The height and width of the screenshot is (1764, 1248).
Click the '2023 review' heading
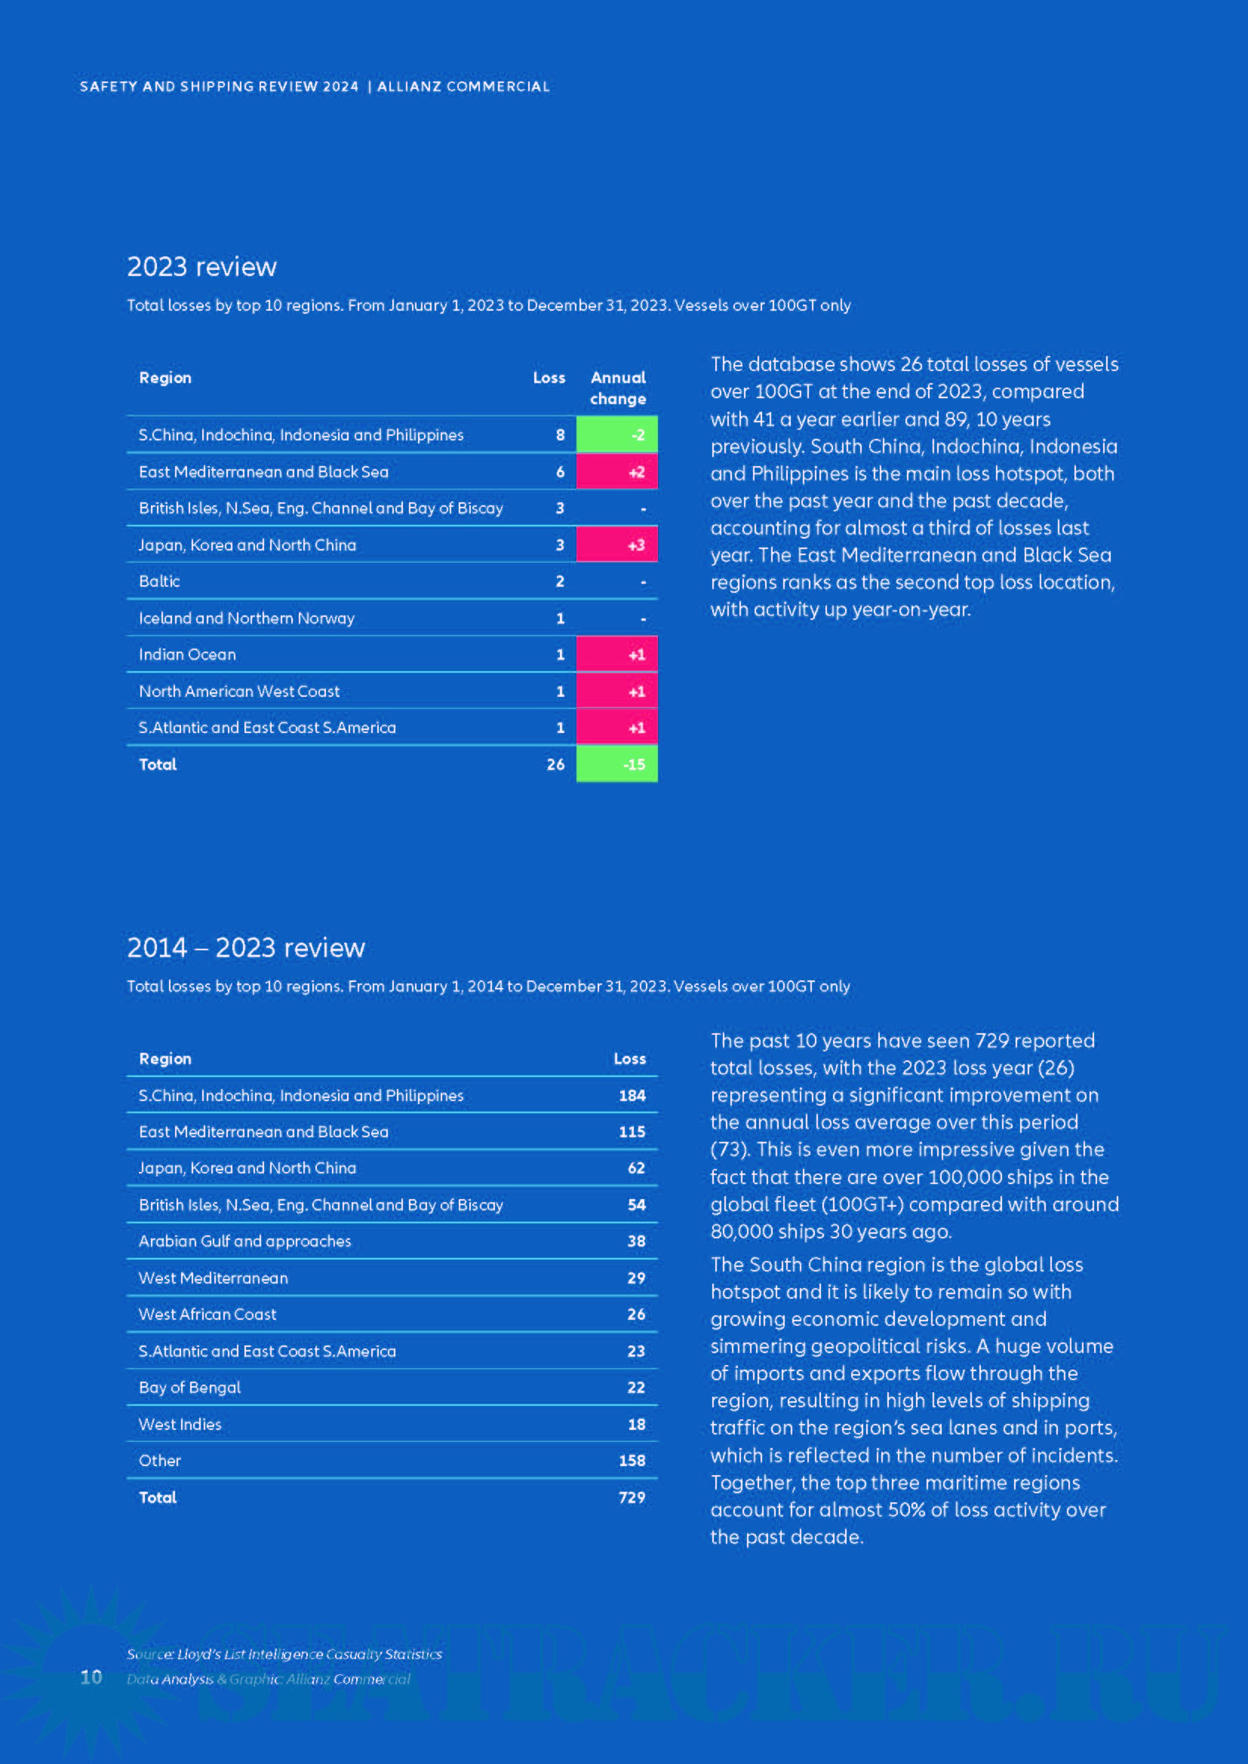[x=201, y=266]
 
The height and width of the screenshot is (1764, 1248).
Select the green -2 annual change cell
[x=616, y=435]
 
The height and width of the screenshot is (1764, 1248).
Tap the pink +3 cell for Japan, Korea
[x=616, y=545]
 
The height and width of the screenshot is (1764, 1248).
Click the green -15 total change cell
[x=616, y=765]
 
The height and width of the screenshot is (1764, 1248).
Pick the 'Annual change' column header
[x=618, y=388]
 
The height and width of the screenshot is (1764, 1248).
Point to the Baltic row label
[x=159, y=581]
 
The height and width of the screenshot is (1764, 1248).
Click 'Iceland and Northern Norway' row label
[x=246, y=618]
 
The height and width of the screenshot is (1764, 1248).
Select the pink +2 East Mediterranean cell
[x=616, y=471]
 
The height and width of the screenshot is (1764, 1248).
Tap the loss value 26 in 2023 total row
[x=555, y=765]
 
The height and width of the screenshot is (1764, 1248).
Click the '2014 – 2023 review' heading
[x=246, y=948]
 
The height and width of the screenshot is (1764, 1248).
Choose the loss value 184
[x=632, y=1096]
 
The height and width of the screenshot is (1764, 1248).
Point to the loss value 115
[x=632, y=1132]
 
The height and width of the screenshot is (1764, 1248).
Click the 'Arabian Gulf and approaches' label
[x=244, y=1241]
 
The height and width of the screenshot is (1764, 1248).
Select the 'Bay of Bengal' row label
[x=189, y=1388]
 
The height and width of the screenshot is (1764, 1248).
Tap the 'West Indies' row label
[x=180, y=1425]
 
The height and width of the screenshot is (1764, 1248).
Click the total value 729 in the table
[x=632, y=1498]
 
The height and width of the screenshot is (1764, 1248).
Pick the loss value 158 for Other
[x=632, y=1461]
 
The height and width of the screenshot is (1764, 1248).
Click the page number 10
[x=91, y=1677]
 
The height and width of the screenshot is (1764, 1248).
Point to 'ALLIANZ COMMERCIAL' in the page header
[x=463, y=87]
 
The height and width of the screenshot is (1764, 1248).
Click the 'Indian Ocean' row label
[x=186, y=655]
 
